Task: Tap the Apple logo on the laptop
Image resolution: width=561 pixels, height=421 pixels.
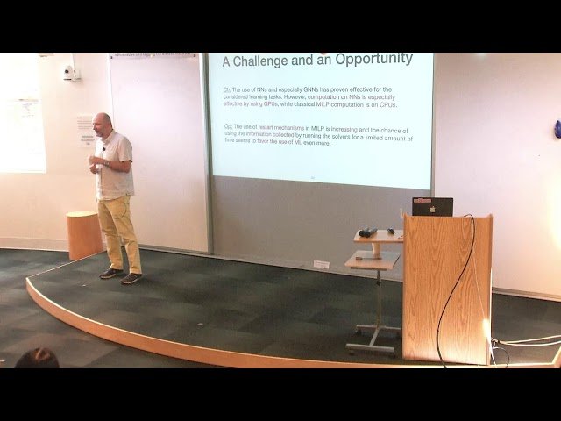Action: [x=432, y=209]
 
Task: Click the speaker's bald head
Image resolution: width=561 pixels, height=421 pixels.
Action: [x=103, y=123]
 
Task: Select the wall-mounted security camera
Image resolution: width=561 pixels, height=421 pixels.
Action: [x=68, y=73]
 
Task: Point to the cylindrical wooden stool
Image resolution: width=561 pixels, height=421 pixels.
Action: [x=83, y=234]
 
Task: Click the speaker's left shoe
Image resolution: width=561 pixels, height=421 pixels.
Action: [x=131, y=278]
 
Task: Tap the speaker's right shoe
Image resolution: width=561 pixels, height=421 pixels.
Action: [x=110, y=273]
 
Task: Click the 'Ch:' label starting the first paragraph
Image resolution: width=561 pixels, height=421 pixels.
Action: [x=227, y=90]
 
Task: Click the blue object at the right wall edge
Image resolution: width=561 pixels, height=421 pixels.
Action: [x=557, y=129]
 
